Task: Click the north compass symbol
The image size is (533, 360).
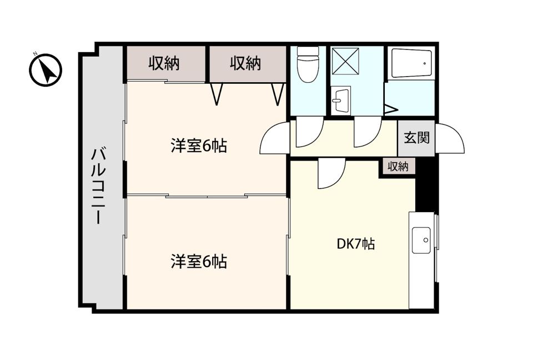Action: [x=45, y=70]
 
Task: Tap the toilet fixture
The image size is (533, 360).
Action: [x=308, y=64]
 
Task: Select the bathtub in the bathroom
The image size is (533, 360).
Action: [x=411, y=64]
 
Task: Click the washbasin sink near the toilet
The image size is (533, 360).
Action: [x=340, y=101]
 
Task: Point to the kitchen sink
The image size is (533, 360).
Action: [x=421, y=240]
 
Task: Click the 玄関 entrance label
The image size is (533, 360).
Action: [x=417, y=137]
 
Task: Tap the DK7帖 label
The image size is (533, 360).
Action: [x=356, y=244]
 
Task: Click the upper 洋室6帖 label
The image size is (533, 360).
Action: [x=199, y=146]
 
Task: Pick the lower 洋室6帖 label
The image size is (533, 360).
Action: [x=199, y=262]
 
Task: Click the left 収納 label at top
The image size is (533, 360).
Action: [x=164, y=63]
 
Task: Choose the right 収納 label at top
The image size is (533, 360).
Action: [x=245, y=63]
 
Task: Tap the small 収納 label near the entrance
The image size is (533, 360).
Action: [x=398, y=167]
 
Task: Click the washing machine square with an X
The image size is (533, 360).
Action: [x=345, y=61]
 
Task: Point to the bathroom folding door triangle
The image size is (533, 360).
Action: [x=390, y=109]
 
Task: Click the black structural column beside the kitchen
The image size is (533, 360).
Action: [x=426, y=186]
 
